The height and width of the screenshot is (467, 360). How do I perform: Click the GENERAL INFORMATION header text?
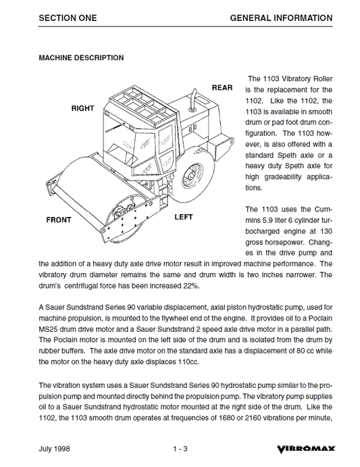pyautogui.click(x=280, y=18)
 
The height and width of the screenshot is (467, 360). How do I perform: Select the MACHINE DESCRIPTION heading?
pyautogui.click(x=81, y=58)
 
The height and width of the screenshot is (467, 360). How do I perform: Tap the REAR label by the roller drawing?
pyautogui.click(x=222, y=88)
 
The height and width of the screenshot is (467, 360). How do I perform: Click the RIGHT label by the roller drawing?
pyautogui.click(x=83, y=108)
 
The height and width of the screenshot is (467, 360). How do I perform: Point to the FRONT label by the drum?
pyautogui.click(x=59, y=220)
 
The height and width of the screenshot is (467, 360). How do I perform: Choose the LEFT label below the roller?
pyautogui.click(x=184, y=217)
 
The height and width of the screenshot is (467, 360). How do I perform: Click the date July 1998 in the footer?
pyautogui.click(x=55, y=449)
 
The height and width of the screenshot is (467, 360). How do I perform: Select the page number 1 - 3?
pyautogui.click(x=180, y=449)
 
